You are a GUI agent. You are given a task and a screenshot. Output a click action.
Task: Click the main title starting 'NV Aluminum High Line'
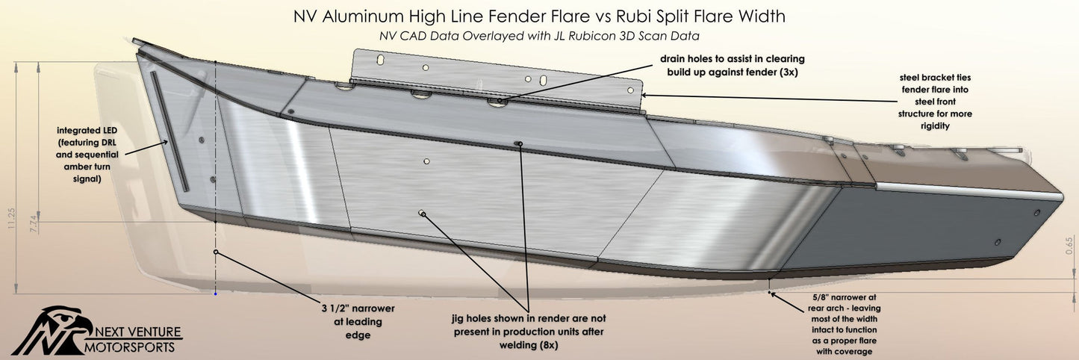pos(539,16)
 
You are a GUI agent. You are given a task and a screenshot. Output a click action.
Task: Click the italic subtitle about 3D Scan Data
pos(539,34)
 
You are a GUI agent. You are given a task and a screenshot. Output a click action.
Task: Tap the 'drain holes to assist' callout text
pos(732,65)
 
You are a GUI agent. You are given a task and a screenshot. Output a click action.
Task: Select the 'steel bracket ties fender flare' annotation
pos(935,100)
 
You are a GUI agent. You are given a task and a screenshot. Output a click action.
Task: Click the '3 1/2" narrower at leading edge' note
pos(352,321)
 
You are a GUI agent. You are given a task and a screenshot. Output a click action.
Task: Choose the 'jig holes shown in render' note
pos(529,332)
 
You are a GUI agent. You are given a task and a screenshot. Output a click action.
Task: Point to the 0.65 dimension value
pos(1069,247)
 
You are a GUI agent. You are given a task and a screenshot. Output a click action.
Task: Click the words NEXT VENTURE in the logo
pos(139,332)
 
